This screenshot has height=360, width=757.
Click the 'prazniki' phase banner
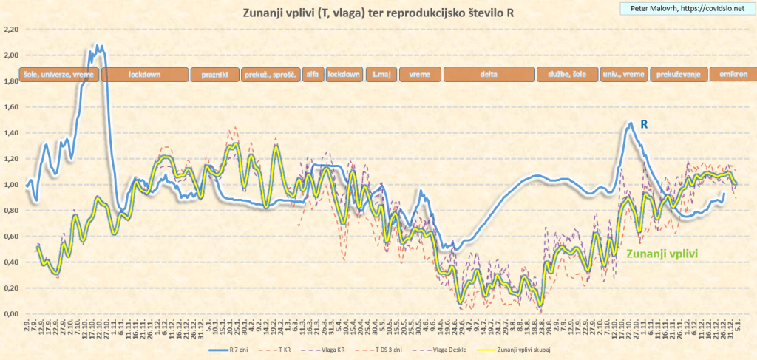(x=214, y=75)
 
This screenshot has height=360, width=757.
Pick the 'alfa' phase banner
(x=312, y=75)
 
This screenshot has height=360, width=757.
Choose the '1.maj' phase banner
(x=382, y=75)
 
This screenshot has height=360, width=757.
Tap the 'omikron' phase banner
(x=732, y=75)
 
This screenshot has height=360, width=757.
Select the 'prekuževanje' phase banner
(x=678, y=75)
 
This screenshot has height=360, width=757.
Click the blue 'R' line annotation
(x=644, y=126)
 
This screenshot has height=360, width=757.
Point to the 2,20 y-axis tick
(x=11, y=30)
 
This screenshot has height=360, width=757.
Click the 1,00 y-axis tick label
(x=11, y=185)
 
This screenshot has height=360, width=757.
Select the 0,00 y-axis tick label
(x=11, y=314)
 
